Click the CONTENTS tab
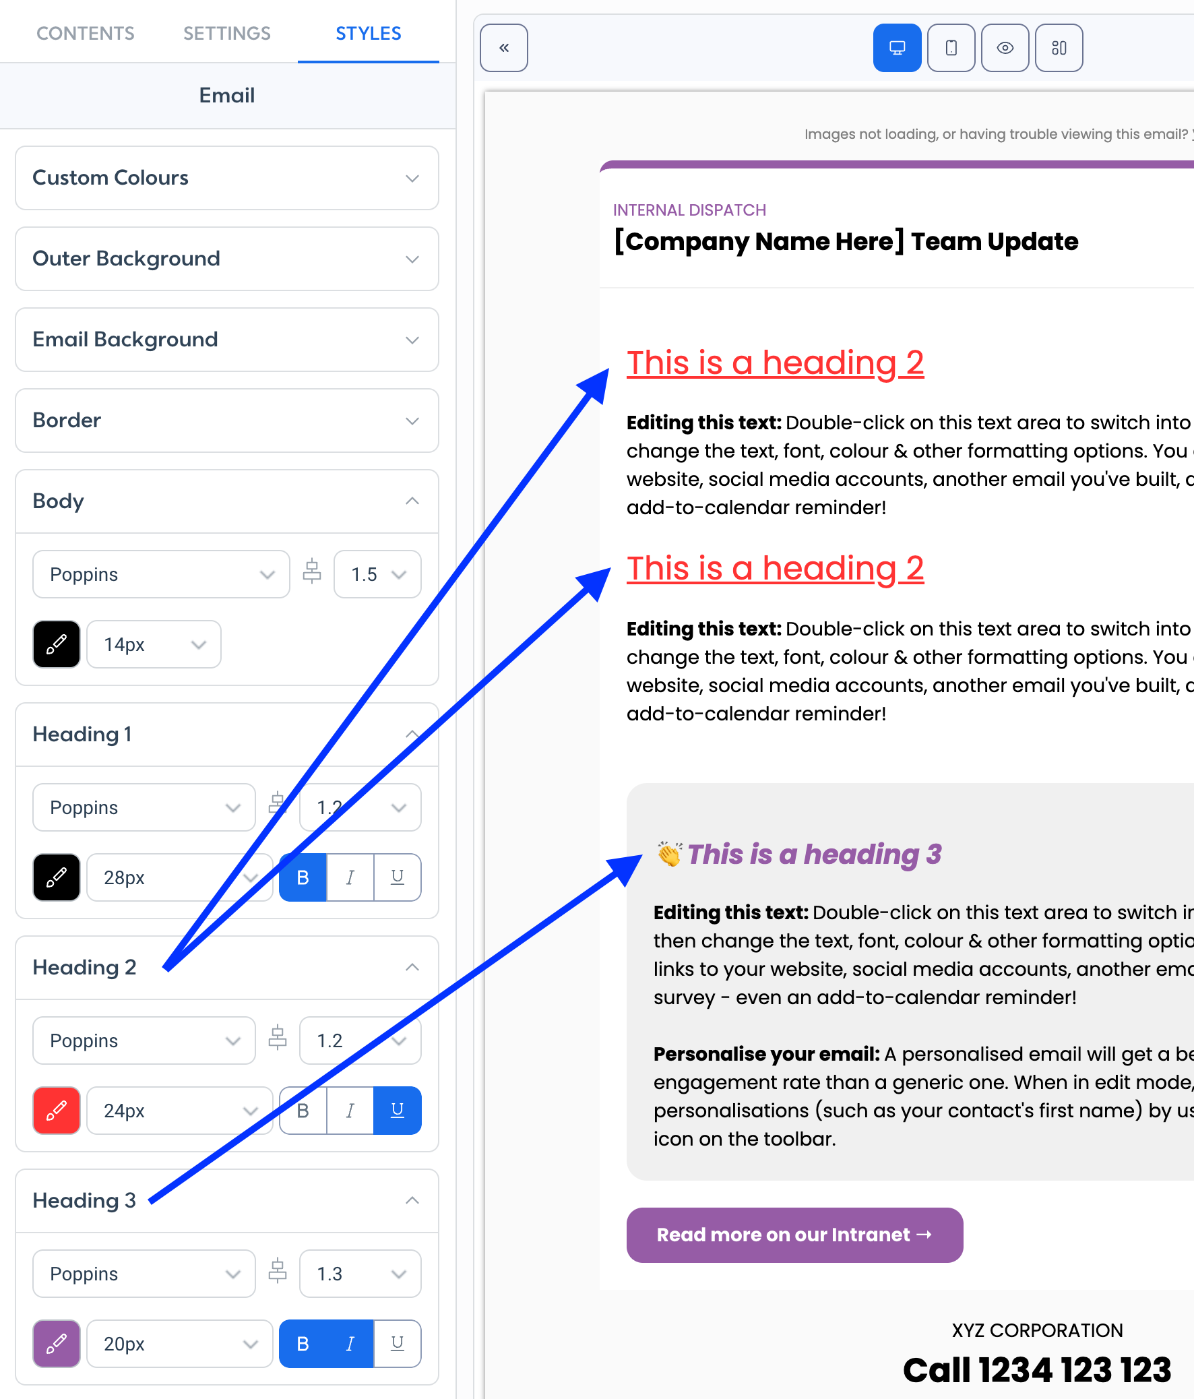click(85, 33)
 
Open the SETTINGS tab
click(227, 33)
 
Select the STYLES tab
click(369, 33)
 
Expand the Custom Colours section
click(227, 178)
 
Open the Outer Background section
click(227, 259)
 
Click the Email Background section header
click(227, 340)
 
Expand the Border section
click(227, 421)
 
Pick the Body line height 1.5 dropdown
click(377, 575)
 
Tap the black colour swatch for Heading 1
click(57, 877)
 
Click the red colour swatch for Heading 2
click(57, 1111)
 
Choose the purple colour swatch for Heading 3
click(57, 1344)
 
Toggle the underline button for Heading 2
click(398, 1111)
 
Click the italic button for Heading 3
click(350, 1344)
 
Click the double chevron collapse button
click(504, 48)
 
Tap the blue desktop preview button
click(897, 48)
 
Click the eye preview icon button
click(1005, 48)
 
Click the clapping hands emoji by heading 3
click(670, 854)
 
